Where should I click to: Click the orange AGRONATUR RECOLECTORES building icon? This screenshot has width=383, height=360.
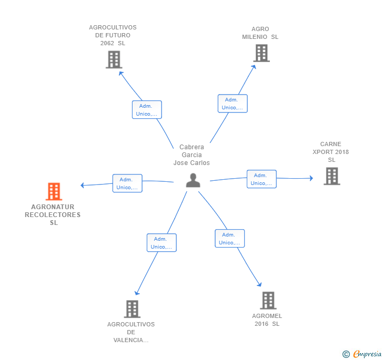tap(54, 191)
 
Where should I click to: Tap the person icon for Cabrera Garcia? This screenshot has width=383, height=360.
tap(193, 180)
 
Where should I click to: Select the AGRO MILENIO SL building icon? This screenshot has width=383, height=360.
tap(261, 53)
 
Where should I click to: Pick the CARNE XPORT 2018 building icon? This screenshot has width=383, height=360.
tap(331, 176)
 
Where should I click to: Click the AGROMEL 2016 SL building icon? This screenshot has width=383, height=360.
tap(268, 301)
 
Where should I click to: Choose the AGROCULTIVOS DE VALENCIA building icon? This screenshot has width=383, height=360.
tap(132, 309)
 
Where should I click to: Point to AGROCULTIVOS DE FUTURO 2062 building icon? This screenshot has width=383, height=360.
tap(114, 59)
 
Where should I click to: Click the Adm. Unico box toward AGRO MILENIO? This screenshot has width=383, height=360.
tap(233, 104)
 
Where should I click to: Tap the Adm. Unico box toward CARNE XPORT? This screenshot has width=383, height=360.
tap(261, 179)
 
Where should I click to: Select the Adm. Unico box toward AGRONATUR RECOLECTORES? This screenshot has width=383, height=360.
tap(127, 183)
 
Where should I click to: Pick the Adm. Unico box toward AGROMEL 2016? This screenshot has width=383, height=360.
tap(229, 239)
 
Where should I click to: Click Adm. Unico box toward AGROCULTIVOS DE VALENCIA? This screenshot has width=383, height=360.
tap(162, 243)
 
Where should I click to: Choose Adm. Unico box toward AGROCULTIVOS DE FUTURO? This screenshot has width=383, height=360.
tap(147, 110)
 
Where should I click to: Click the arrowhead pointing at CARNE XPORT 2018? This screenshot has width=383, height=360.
tap(311, 178)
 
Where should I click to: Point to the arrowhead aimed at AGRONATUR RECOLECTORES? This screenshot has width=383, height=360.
tap(82, 185)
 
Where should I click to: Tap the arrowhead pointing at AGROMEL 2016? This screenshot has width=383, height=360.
tap(260, 284)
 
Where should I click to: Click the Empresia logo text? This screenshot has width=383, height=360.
tap(367, 354)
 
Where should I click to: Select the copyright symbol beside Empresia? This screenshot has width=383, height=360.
tap(346, 354)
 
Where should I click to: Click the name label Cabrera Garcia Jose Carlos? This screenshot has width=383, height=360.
tap(191, 155)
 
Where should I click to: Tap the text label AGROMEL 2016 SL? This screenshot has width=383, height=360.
tap(267, 320)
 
